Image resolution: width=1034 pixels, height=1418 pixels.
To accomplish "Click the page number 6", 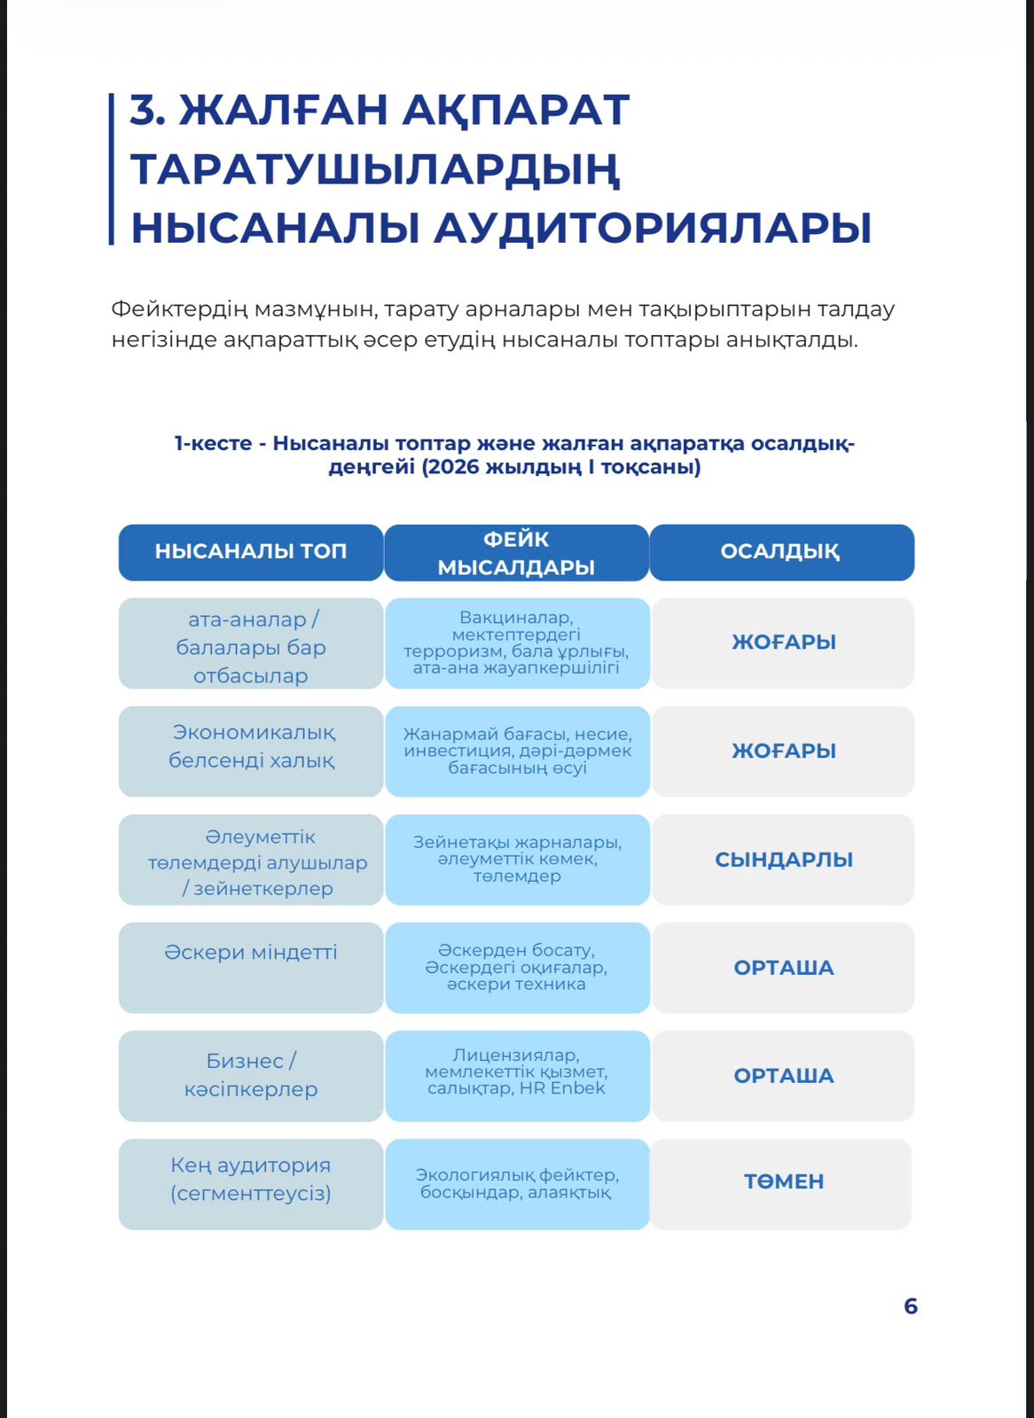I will click(910, 1306).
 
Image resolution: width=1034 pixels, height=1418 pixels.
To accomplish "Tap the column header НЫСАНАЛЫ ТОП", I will click(251, 551).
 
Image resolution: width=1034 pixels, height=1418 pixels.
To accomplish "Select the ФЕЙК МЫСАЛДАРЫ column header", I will click(516, 553).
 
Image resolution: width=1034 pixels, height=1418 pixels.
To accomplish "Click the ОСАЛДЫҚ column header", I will click(780, 551).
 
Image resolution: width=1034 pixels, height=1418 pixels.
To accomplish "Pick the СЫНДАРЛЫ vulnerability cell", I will click(784, 860).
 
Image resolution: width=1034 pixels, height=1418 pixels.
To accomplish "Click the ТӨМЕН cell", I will click(784, 1181).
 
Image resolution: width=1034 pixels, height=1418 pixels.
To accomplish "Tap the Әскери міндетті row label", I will click(251, 953).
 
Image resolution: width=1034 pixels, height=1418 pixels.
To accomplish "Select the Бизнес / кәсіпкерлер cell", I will click(251, 1075).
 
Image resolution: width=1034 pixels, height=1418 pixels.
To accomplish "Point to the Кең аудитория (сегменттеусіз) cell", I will click(251, 1180).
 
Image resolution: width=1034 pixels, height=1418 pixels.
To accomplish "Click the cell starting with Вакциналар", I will click(516, 643).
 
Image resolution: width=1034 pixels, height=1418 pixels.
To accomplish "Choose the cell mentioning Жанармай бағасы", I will click(517, 751).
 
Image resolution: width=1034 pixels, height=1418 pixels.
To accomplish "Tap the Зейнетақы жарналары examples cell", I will click(517, 859).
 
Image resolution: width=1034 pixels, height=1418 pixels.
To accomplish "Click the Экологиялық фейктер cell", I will click(517, 1183).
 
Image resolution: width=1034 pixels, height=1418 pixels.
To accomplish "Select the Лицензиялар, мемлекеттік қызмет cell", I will click(516, 1071).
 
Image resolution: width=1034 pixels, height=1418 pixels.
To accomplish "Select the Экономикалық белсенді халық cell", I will click(252, 746).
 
